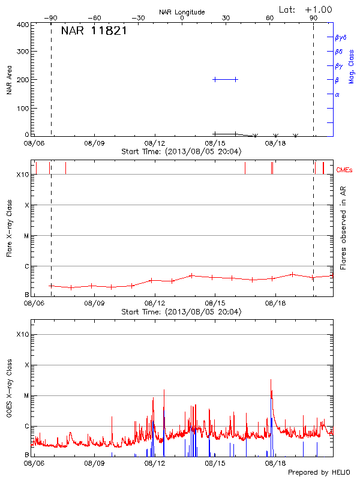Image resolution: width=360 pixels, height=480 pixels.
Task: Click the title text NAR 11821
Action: [94, 31]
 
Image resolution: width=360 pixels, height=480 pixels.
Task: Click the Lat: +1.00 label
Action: [305, 9]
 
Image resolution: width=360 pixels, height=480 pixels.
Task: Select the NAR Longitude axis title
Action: [182, 12]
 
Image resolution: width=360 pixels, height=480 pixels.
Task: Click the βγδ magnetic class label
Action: [341, 37]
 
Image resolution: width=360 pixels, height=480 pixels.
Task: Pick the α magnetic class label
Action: [337, 94]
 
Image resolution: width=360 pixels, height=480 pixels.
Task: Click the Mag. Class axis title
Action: [352, 66]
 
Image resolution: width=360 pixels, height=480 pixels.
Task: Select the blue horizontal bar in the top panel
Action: [225, 79]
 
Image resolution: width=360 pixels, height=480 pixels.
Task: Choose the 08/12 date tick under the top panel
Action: [154, 144]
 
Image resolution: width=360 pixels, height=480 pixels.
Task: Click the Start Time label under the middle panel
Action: [181, 311]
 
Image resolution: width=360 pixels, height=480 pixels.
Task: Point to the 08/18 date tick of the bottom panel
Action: [275, 463]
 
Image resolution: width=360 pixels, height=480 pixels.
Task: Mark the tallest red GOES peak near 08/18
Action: [271, 380]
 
